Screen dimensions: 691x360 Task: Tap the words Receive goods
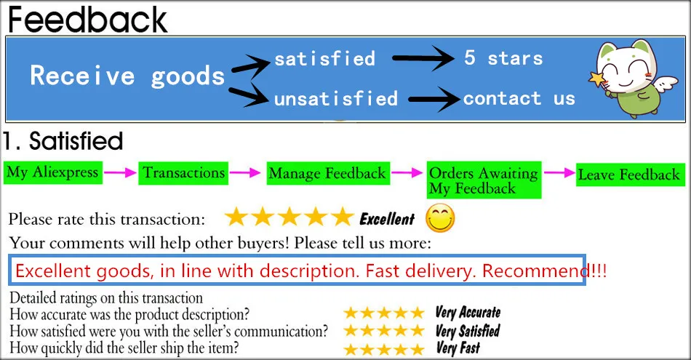[x=127, y=76]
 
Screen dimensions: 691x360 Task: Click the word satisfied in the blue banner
[x=324, y=58]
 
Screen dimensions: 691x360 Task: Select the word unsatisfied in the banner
[x=335, y=98]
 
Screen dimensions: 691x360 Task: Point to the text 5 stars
[x=503, y=58]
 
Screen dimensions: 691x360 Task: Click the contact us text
[x=519, y=98]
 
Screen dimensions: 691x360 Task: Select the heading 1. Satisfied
[x=63, y=140]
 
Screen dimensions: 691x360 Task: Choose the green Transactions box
[x=183, y=173]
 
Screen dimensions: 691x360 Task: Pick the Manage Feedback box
[x=327, y=174]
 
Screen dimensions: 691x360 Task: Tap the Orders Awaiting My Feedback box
[x=484, y=181]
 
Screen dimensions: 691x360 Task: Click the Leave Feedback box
[x=628, y=175]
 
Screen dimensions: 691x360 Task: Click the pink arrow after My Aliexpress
[x=119, y=173]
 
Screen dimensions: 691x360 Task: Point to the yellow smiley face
[x=440, y=217]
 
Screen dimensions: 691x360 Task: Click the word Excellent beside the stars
[x=387, y=218]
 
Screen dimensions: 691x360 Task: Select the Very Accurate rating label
[x=468, y=313]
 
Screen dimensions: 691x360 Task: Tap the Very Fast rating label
[x=458, y=348]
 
